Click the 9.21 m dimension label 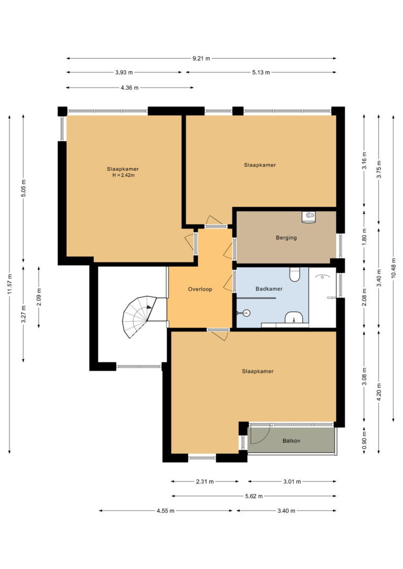tap(201, 59)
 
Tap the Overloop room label tap(200, 289)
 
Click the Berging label tap(287, 238)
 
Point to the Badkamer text tap(269, 289)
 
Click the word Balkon tap(291, 441)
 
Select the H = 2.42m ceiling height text tap(123, 176)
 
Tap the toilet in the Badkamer tap(294, 275)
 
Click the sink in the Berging tap(309, 217)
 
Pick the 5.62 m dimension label tap(253, 496)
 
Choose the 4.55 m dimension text tap(165, 511)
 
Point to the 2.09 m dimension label tap(39, 297)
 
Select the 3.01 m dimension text tap(292, 482)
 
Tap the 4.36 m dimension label tap(130, 88)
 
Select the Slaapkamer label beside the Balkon tap(258, 371)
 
